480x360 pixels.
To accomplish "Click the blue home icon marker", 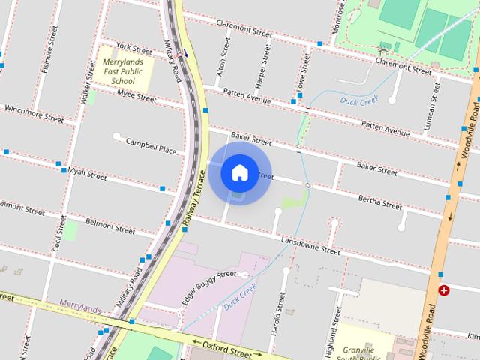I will pyautogui.click(x=239, y=172).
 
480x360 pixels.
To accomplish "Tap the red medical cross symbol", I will pyautogui.click(x=444, y=290).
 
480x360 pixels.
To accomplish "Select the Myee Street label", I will pyautogui.click(x=136, y=95).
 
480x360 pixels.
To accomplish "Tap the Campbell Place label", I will pyautogui.click(x=151, y=145).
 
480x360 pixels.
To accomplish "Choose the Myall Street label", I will pyautogui.click(x=88, y=175).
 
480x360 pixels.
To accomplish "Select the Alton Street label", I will pyautogui.click(x=222, y=55).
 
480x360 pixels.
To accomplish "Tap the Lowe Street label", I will pyautogui.click(x=304, y=69).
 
